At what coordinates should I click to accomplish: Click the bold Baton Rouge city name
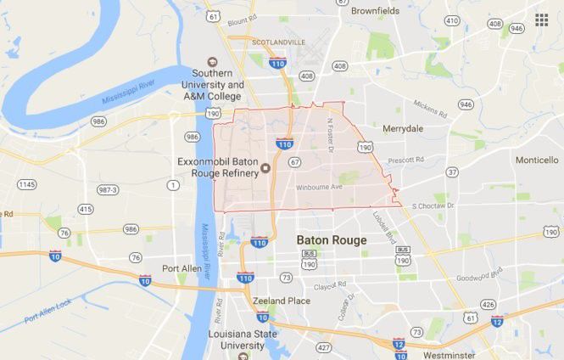click(x=332, y=240)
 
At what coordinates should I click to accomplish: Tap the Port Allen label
click(x=181, y=268)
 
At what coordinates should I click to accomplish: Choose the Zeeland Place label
click(x=281, y=301)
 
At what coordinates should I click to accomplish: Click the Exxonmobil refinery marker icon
click(x=265, y=168)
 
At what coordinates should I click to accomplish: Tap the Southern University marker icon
click(x=212, y=61)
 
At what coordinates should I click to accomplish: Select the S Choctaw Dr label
click(x=433, y=205)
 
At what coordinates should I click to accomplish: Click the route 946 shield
click(x=466, y=104)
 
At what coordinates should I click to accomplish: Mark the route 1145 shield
click(x=27, y=184)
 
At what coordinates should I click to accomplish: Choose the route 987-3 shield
click(x=107, y=189)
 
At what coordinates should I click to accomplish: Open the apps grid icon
click(x=541, y=20)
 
